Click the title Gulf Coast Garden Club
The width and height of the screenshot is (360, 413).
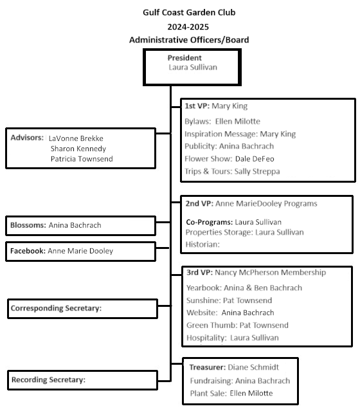189,12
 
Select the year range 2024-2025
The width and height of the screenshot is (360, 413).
188,27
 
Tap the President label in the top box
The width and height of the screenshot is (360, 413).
184,58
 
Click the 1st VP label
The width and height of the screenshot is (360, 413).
197,106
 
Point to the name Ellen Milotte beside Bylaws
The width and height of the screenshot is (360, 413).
238,121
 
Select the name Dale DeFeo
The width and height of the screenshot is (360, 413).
255,159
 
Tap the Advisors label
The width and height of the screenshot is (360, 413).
27,138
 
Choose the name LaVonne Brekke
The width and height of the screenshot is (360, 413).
76,138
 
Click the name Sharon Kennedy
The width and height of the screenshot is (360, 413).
78,149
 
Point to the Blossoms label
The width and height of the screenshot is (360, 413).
28,225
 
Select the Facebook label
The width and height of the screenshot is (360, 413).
28,251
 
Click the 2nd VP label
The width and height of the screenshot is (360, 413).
199,203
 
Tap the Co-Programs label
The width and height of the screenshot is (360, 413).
210,222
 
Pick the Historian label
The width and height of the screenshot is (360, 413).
203,244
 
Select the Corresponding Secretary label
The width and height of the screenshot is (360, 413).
56,308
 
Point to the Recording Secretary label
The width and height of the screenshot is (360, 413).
48,380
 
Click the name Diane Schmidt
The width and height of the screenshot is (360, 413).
253,367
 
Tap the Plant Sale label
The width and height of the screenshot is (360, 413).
208,393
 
